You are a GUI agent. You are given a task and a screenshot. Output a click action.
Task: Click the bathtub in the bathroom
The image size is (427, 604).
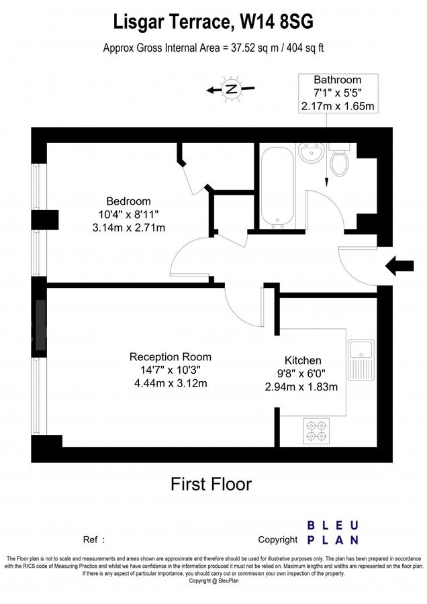277,186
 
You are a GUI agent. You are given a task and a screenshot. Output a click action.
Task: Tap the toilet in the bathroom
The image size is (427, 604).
339,159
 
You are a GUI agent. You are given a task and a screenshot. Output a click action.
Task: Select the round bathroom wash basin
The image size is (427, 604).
312,152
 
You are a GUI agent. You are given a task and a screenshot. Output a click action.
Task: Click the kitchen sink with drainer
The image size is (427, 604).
361,360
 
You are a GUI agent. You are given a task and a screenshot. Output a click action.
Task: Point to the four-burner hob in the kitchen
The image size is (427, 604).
316,431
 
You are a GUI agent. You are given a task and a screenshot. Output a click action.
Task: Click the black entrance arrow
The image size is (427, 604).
399,266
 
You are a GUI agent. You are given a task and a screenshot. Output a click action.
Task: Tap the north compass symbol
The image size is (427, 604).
231,89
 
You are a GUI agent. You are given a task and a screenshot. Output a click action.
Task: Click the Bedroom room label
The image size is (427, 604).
128,201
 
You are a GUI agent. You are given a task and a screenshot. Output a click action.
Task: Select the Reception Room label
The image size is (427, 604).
171,357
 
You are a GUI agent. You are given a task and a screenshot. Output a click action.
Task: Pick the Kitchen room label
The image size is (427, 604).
303,360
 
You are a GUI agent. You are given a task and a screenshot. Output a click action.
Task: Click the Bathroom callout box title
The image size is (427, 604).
338,80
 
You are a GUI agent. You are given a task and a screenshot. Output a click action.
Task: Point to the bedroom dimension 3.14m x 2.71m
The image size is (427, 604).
129,228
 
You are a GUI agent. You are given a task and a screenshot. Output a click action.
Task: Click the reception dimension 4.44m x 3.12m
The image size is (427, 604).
171,383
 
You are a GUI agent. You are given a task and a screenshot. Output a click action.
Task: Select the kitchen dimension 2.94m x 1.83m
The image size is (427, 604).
301,387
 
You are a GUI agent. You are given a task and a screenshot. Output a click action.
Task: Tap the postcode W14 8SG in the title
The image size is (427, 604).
277,21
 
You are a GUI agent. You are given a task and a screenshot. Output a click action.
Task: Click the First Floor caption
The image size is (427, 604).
211,484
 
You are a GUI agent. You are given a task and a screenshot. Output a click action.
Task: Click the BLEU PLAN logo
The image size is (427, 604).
333,533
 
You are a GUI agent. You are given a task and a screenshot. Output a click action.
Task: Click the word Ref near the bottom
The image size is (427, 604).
90,540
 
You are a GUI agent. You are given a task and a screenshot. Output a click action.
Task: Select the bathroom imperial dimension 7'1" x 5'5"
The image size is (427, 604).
338,93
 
